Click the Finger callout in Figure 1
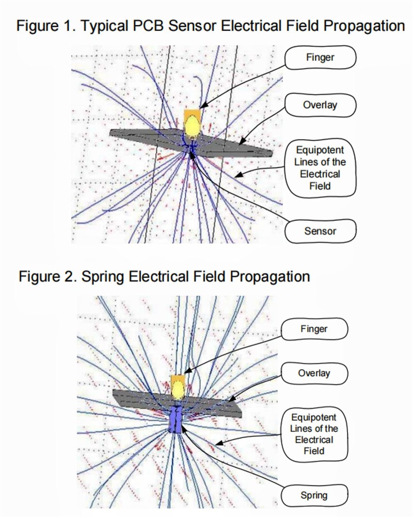pos(320,57)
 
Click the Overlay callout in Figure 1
pos(320,105)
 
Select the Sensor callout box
pos(320,231)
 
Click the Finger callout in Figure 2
pos(314,329)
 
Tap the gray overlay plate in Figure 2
pos(217,406)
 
